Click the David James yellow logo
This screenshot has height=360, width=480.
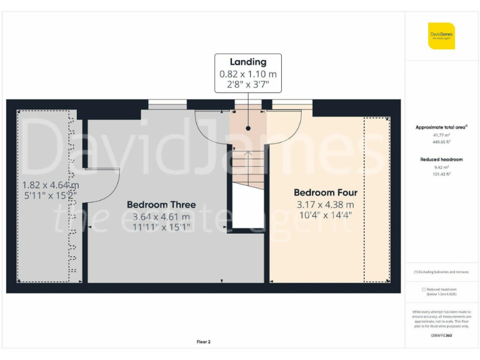pos(441,36)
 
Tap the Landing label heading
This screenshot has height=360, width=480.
pos(248,62)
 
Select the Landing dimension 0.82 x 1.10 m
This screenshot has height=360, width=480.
pos(248,74)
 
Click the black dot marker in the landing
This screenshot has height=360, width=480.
pos(248,127)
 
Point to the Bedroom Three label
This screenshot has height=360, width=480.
pos(161,204)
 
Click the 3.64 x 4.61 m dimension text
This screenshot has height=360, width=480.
pos(161,216)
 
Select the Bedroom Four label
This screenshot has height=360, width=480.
pos(325,192)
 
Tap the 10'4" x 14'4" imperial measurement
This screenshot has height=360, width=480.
pos(325,216)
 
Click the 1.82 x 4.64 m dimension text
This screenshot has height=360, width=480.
pos(51,185)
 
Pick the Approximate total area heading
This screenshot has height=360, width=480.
pos(441,127)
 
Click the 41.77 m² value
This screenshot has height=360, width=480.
pos(441,134)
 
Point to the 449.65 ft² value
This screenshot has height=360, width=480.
pos(441,142)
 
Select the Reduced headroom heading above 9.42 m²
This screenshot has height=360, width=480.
pos(441,159)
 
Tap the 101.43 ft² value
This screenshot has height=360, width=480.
pos(441,174)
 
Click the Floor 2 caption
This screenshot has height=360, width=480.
pos(204,342)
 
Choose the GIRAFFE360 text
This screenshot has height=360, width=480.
pos(441,336)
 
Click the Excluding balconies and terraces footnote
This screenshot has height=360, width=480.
pos(441,272)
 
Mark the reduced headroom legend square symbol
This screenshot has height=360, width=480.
pos(424,289)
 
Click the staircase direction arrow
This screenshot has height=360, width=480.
pos(248,154)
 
